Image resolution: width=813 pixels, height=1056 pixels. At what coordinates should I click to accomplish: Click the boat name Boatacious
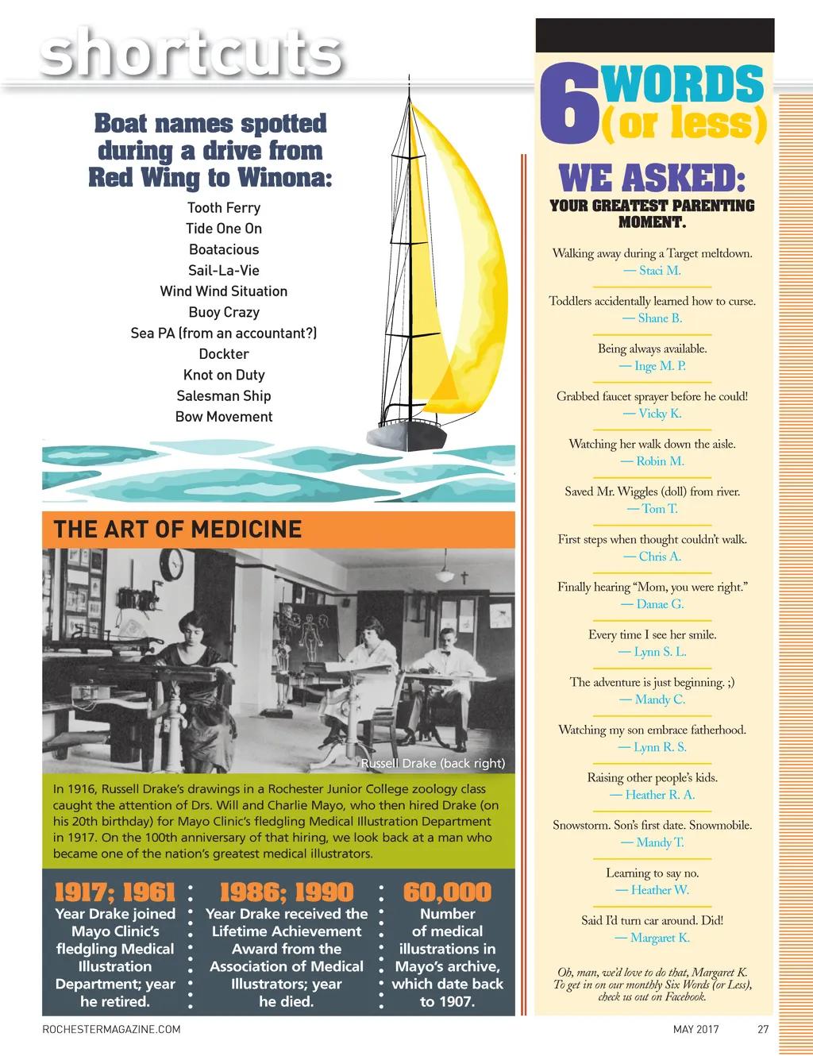point(224,249)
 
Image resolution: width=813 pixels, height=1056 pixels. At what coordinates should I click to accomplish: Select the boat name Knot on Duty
point(224,375)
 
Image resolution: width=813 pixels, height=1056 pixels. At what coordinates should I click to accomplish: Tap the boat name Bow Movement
point(224,417)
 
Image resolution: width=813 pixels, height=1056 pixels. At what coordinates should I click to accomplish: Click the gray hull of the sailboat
point(408,434)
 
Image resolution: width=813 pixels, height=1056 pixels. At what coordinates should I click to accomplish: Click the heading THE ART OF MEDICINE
point(177,530)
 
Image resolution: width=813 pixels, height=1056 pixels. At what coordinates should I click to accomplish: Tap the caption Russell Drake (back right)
point(433,764)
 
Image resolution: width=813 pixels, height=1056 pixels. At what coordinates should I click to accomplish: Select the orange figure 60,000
point(448,892)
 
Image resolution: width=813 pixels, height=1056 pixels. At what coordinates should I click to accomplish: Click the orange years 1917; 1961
point(115,892)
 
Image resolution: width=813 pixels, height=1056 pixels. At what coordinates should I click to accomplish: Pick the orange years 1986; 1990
point(286,892)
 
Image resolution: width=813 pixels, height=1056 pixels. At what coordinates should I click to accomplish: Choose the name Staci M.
point(652,271)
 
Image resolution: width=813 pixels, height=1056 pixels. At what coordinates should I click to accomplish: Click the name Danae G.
point(652,604)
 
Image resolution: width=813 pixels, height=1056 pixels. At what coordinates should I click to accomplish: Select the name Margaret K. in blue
point(652,938)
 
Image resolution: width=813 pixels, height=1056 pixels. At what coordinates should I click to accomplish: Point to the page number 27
point(763,1030)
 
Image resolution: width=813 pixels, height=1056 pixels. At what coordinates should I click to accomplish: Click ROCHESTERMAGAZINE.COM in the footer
point(111,1030)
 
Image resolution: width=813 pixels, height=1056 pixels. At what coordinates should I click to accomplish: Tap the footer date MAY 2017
point(696,1030)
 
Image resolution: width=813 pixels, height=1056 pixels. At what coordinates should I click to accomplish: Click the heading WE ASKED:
point(652,178)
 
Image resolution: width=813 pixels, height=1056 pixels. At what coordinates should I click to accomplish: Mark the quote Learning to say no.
point(652,873)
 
